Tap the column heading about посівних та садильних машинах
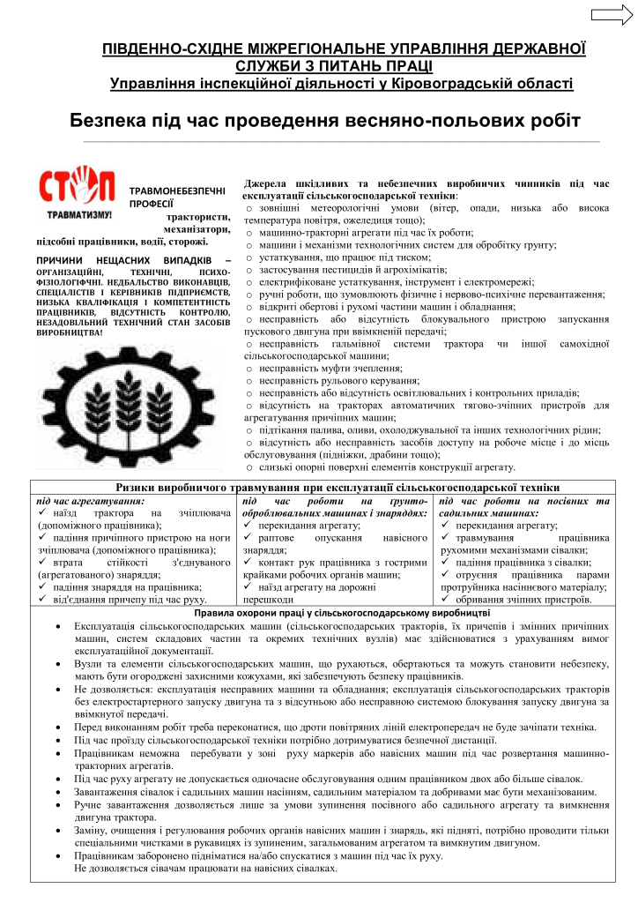tap(523, 506)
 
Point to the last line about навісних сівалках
tap(206, 869)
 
